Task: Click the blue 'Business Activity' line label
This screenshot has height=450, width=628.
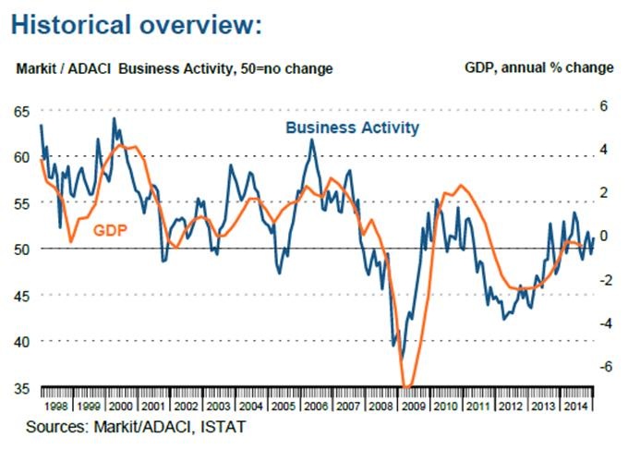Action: click(352, 127)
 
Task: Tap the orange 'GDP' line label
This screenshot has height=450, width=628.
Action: click(110, 229)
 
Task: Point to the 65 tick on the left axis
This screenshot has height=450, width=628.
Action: click(21, 111)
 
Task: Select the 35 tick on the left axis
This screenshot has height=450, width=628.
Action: click(21, 387)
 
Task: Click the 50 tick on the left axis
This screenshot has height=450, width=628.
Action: click(21, 249)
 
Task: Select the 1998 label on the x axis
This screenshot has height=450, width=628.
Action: click(54, 407)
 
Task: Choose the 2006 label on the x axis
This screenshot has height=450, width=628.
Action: click(314, 407)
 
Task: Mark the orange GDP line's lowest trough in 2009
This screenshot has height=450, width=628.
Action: click(407, 386)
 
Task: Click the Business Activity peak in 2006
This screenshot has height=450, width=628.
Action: click(311, 140)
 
